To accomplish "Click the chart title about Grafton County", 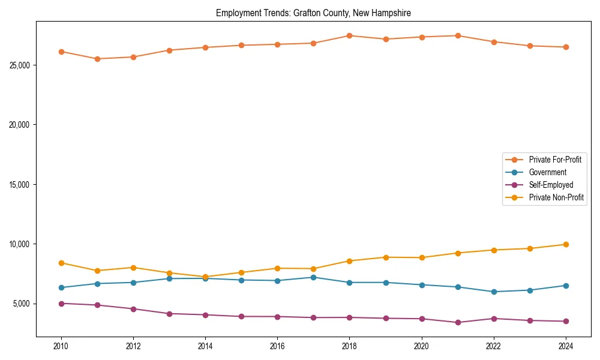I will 313,13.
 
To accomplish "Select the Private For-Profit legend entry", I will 555,160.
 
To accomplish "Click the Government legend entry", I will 547,172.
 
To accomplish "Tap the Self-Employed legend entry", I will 551,185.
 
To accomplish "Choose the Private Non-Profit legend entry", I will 556,197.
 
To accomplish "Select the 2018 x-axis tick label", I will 349,346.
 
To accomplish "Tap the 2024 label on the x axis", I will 565,346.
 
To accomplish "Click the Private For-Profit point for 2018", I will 349,35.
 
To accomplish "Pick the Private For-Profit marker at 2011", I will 97,59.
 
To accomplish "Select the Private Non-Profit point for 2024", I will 565,244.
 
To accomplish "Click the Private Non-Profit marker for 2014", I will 205,277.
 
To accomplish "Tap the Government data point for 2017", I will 313,277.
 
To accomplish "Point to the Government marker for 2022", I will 493,292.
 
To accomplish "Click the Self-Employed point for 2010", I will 61,304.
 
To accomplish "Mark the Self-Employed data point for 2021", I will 457,322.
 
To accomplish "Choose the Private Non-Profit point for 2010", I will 61,263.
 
